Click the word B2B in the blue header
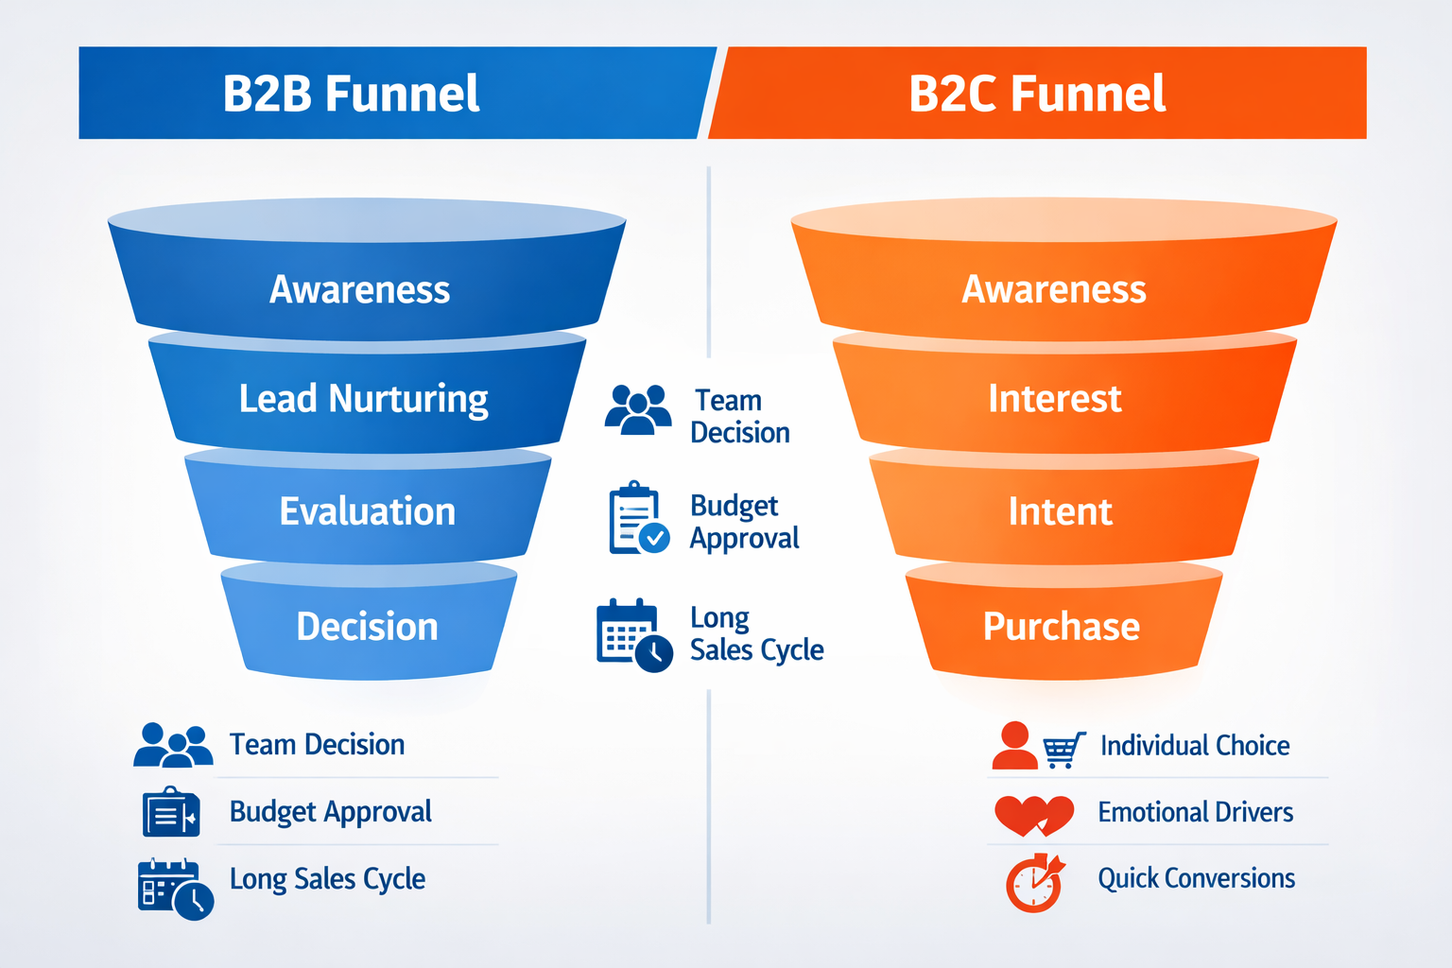pyautogui.click(x=268, y=94)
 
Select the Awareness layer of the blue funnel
pyautogui.click(x=360, y=289)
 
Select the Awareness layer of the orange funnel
pyautogui.click(x=1054, y=289)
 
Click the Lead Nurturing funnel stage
pyautogui.click(x=364, y=399)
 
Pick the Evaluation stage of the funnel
pyautogui.click(x=368, y=511)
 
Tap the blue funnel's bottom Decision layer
pyautogui.click(x=368, y=627)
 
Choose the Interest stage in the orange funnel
pyautogui.click(x=1055, y=399)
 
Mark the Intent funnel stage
pyautogui.click(x=1061, y=511)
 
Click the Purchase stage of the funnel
pyautogui.click(x=1062, y=627)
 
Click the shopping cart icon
pyautogui.click(x=1063, y=750)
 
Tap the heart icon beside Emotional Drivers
pyautogui.click(x=1033, y=814)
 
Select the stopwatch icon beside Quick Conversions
pyautogui.click(x=1034, y=884)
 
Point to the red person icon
pyautogui.click(x=1014, y=746)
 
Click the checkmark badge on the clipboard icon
pyautogui.click(x=654, y=538)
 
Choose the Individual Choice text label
pyautogui.click(x=1195, y=746)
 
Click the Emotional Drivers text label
pyautogui.click(x=1195, y=812)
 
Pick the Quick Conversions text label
pyautogui.click(x=1196, y=878)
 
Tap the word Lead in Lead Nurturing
pyautogui.click(x=278, y=399)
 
